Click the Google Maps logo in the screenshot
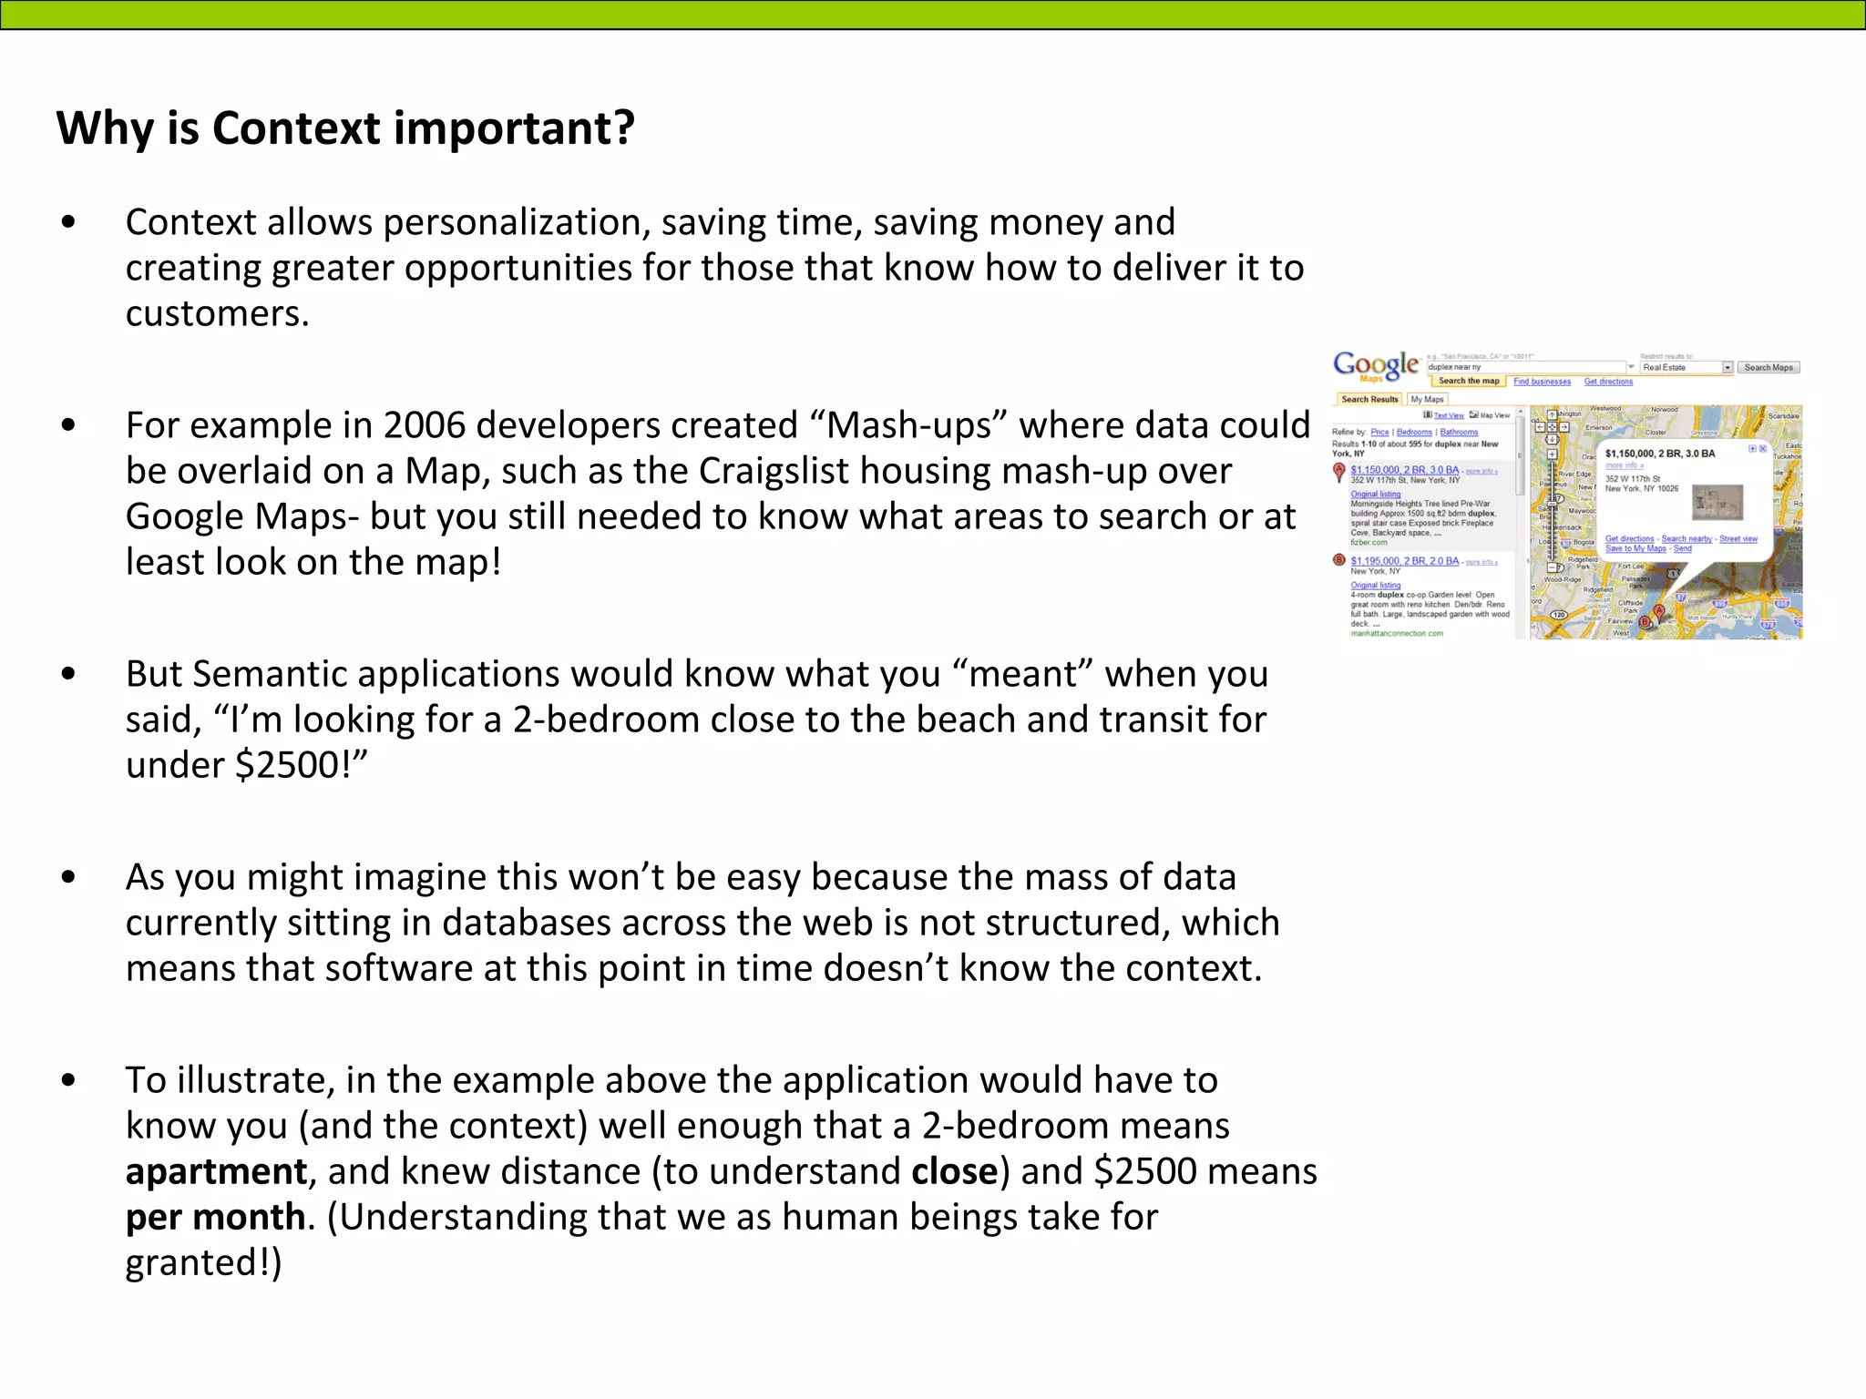(x=1376, y=366)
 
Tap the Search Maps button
(x=1769, y=368)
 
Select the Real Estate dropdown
(x=1687, y=368)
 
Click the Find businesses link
(x=1542, y=382)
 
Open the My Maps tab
(x=1427, y=399)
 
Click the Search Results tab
(x=1369, y=399)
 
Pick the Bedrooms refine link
(x=1414, y=432)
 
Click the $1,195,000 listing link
(x=1404, y=561)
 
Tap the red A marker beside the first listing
(x=1339, y=471)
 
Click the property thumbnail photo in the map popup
(x=1717, y=502)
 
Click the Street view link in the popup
(x=1738, y=539)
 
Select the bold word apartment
(x=216, y=1172)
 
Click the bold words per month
(x=215, y=1218)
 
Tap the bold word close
(x=954, y=1172)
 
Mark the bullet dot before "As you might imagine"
(x=68, y=878)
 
